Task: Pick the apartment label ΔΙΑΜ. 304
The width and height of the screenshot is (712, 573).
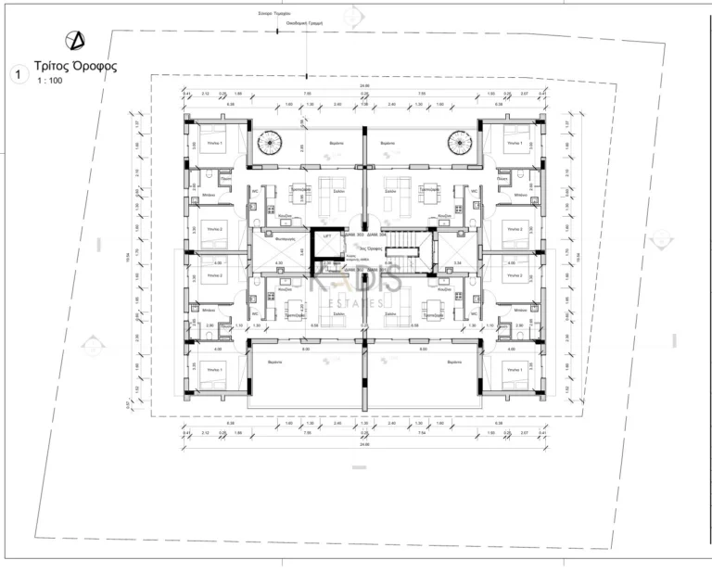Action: pos(375,236)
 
